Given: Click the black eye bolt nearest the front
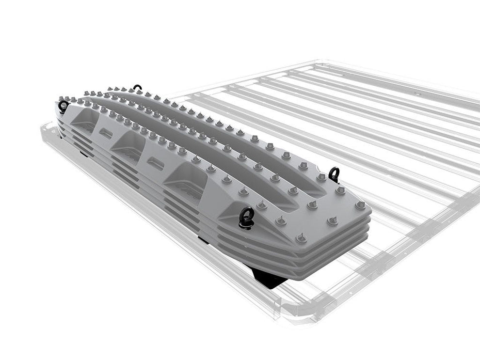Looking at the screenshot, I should [x=246, y=216].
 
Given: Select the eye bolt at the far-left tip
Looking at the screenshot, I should [x=63, y=106].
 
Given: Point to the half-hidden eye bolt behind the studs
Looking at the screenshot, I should [x=138, y=88].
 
